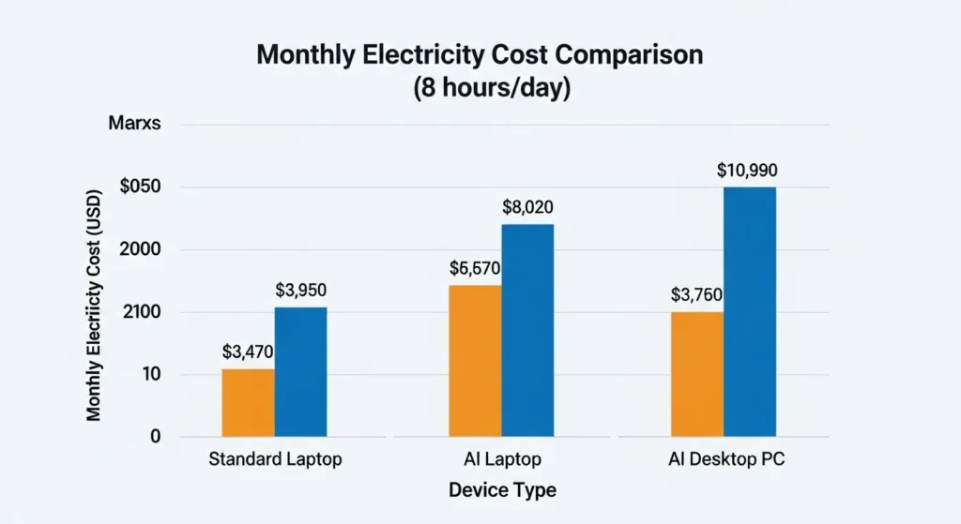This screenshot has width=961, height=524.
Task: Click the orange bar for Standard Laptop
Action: (249, 403)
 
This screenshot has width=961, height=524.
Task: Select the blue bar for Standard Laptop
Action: (301, 372)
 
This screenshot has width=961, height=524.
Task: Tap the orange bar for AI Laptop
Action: (476, 361)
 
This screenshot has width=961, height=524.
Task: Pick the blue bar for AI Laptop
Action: (528, 331)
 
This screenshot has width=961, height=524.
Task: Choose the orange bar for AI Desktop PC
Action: (697, 374)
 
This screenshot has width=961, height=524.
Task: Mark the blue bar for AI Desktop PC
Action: (750, 312)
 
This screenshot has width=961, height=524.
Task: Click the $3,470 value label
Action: (249, 352)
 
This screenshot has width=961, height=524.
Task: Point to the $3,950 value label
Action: (301, 291)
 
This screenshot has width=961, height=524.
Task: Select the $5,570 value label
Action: (475, 269)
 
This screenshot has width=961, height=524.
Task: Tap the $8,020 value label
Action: (528, 207)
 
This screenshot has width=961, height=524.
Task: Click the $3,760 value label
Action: (696, 295)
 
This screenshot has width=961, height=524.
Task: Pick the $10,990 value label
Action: (747, 171)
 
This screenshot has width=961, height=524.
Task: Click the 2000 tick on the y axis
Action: (142, 249)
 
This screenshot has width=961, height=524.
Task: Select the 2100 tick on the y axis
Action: (142, 312)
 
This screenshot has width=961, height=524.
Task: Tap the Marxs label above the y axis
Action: (135, 125)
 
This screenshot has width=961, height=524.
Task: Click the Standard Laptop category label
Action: (275, 461)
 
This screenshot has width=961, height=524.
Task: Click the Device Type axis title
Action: (502, 490)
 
